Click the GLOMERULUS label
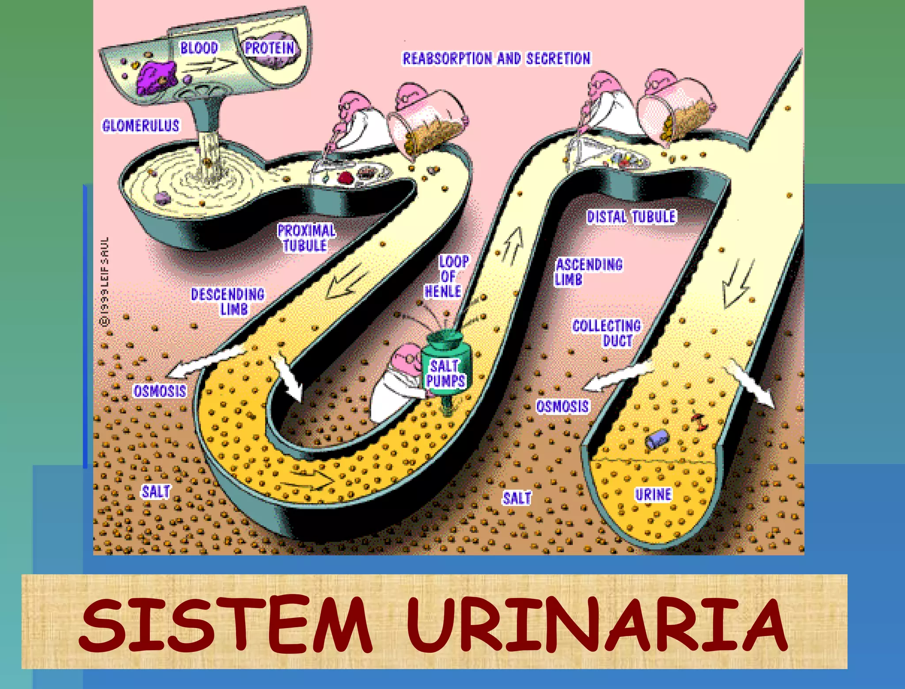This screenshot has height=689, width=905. (141, 126)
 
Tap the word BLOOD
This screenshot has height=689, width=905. (199, 48)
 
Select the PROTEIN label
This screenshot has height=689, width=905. (270, 48)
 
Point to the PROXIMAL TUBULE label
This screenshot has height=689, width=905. (306, 238)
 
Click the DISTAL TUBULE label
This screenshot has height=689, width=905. (631, 217)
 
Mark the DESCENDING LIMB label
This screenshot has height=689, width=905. (228, 302)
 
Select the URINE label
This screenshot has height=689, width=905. (653, 494)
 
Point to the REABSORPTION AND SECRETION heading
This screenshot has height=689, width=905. (496, 58)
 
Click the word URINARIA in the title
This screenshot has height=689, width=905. (597, 624)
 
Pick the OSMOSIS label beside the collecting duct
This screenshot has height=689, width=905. (562, 406)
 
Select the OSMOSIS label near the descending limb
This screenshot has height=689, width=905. (160, 391)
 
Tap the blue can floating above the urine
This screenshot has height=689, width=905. (657, 439)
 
